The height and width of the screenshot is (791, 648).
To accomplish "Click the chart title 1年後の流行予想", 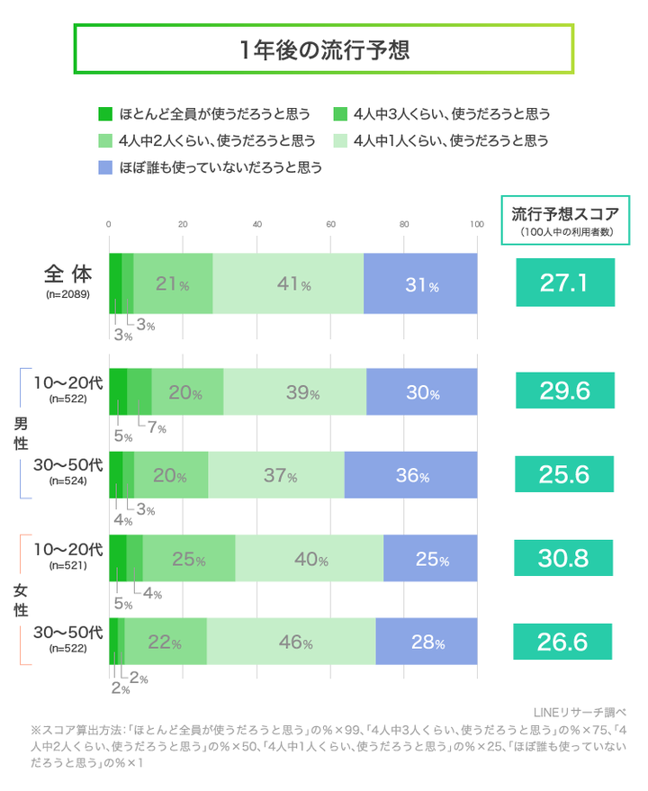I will pyautogui.click(x=324, y=49).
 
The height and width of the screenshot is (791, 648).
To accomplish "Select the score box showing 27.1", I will pyautogui.click(x=564, y=283).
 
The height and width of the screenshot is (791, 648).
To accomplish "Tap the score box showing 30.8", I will pyautogui.click(x=564, y=558).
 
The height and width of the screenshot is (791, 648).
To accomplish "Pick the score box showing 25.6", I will pyautogui.click(x=564, y=474).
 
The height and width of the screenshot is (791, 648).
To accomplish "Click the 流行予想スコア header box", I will pyautogui.click(x=565, y=220).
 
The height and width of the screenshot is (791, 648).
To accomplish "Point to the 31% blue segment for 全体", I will pyautogui.click(x=420, y=284).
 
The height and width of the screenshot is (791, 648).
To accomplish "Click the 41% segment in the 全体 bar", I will pyautogui.click(x=288, y=284).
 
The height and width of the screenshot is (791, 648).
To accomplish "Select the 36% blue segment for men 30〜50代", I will pyautogui.click(x=410, y=474).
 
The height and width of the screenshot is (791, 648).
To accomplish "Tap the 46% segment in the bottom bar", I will pyautogui.click(x=291, y=643).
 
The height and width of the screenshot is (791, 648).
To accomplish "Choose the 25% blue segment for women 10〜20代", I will pyautogui.click(x=430, y=559).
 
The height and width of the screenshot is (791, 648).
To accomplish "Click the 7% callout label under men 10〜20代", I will pyautogui.click(x=156, y=428).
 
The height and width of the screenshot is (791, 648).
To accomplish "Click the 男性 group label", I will pyautogui.click(x=20, y=433).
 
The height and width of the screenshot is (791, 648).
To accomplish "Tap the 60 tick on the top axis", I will pyautogui.click(x=330, y=224).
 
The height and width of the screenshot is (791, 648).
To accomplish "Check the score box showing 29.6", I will pyautogui.click(x=564, y=391).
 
